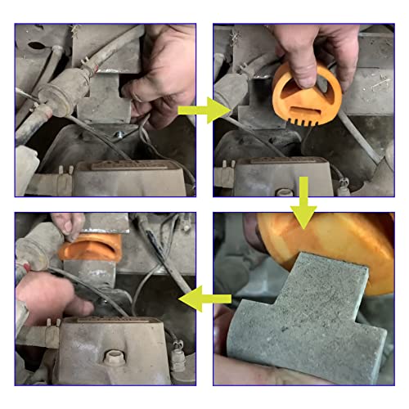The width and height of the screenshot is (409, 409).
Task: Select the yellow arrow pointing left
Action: tap(204, 301)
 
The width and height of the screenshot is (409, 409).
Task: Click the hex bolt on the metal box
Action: tap(112, 358)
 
